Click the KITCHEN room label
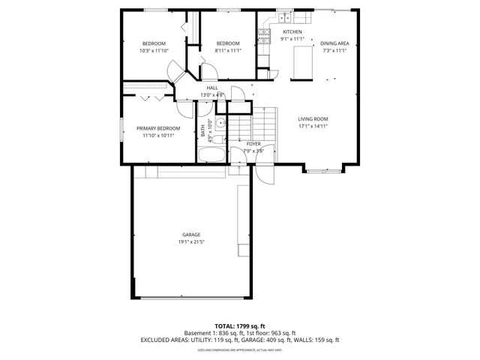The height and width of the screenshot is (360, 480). tap(292, 31)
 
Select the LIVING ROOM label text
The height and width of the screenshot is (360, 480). tap(313, 119)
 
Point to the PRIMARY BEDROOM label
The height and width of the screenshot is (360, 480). tap(157, 128)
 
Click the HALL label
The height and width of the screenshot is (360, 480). tap(212, 88)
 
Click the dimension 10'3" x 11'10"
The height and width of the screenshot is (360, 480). tap(154, 51)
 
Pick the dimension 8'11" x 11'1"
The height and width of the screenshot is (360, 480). tap(227, 51)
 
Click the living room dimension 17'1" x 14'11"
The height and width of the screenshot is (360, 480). tap(313, 127)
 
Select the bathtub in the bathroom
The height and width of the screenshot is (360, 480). tap(210, 155)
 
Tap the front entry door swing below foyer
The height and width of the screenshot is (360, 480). tap(263, 173)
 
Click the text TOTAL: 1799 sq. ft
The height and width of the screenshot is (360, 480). tap(239, 325)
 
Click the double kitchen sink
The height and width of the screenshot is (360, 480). tap(283, 16)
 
